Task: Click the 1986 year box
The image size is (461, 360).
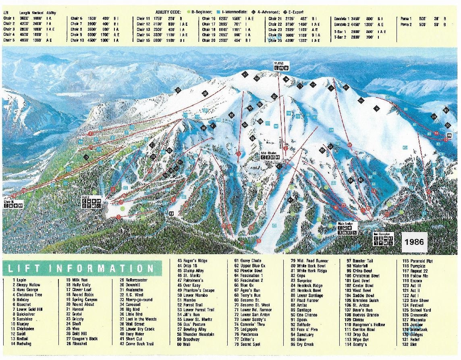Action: point(414,242)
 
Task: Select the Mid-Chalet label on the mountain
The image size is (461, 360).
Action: point(269,153)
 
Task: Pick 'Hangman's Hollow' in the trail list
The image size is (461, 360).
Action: point(370,325)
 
